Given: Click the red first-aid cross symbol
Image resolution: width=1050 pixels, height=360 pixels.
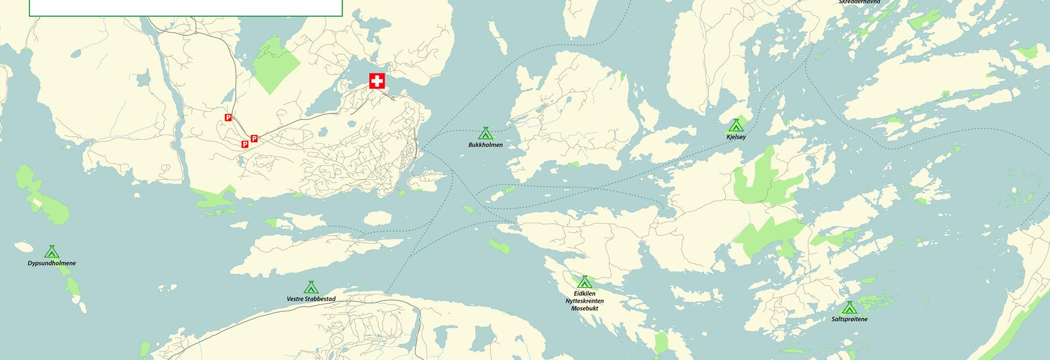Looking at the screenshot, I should tap(377, 81).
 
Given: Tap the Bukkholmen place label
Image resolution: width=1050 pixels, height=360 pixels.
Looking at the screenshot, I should tap(485, 145).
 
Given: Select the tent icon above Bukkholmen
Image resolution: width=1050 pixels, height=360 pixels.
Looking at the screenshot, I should tap(485, 133).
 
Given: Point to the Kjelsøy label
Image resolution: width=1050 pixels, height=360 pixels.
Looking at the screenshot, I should tap(736, 137).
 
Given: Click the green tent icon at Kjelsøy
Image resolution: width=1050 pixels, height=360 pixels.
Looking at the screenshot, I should tap(736, 125).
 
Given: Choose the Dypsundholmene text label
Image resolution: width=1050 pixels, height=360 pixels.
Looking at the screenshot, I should tap(52, 263).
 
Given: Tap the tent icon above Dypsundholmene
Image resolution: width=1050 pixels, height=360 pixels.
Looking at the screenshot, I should tap(52, 251).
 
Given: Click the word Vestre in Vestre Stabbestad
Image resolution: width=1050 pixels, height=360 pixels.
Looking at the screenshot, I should tap(297, 299).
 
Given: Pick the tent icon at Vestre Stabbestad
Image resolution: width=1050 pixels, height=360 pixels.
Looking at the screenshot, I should tap(310, 287).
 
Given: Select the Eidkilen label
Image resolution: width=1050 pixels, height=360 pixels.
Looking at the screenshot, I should tap(584, 294).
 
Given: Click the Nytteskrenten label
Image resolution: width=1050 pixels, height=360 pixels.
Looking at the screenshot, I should tap(584, 301).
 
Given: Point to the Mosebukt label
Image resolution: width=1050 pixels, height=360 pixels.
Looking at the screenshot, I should tap(584, 308).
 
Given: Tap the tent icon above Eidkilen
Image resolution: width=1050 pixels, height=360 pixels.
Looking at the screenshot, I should tap(584, 282).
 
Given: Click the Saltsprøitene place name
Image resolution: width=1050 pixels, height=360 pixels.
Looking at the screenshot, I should tap(849, 319).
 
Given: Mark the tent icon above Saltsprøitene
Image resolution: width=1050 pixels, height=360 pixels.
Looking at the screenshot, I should tap(848, 308).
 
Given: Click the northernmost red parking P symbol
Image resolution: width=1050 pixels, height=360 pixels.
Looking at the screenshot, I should tap(228, 117).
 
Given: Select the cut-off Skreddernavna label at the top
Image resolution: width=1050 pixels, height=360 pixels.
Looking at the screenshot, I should tap(859, 2).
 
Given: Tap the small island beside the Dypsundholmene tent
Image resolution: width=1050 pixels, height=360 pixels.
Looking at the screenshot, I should tap(23, 247).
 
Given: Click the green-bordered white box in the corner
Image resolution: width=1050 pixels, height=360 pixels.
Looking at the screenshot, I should tap(185, 8).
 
